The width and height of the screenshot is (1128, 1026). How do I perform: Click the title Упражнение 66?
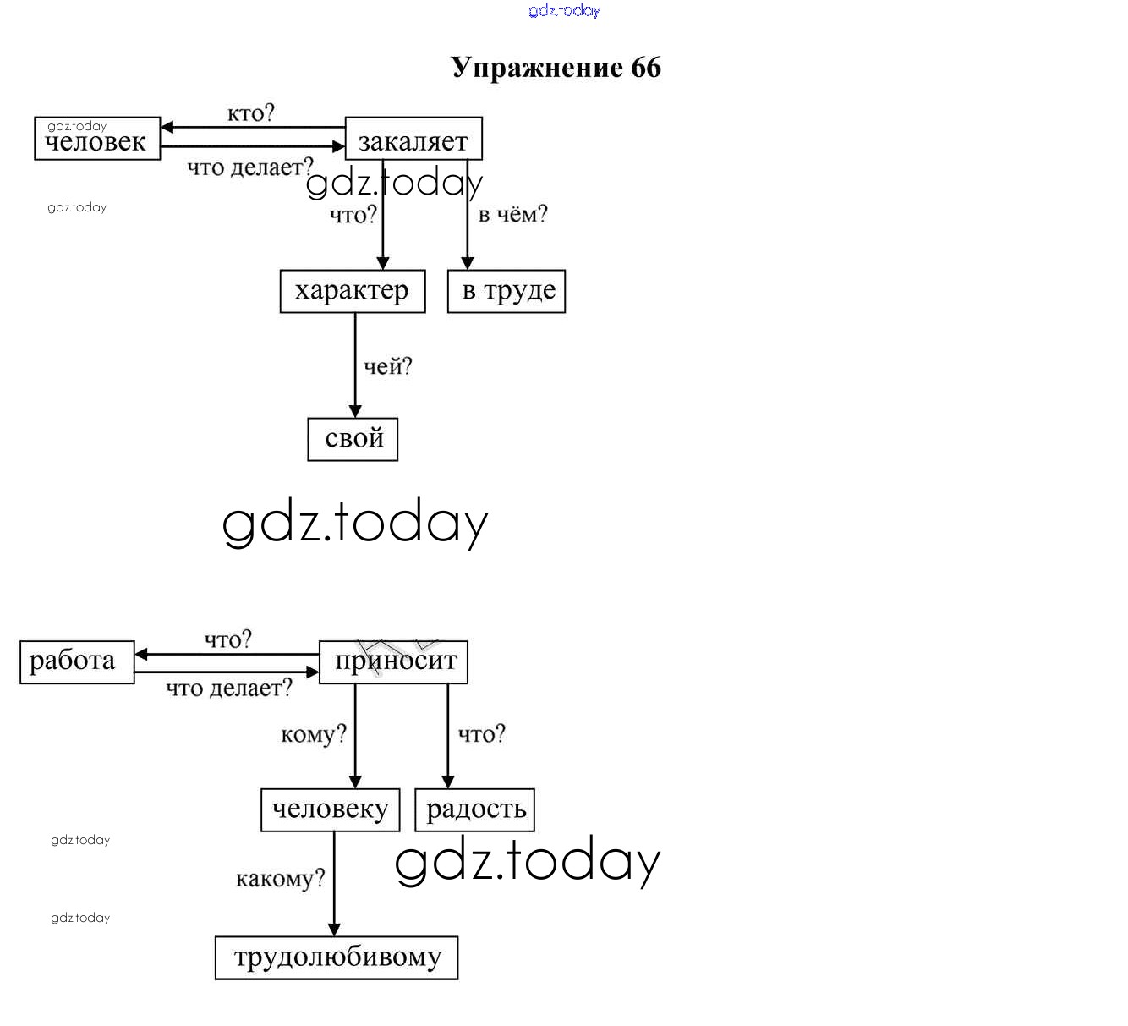(556, 68)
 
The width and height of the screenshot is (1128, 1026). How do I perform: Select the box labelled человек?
(97, 139)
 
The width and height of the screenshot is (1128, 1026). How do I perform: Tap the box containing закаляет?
(413, 139)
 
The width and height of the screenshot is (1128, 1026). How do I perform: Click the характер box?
(353, 291)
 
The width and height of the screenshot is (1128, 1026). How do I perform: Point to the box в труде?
(507, 291)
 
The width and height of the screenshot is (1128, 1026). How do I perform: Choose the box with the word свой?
(353, 439)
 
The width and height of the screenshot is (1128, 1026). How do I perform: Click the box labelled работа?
(77, 662)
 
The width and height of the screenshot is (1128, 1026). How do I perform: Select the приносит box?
(393, 662)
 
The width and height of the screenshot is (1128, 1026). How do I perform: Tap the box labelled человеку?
(330, 809)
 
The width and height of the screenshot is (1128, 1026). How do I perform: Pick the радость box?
(475, 809)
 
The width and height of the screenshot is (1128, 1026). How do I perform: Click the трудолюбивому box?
(337, 957)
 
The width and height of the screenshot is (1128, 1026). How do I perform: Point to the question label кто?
(251, 113)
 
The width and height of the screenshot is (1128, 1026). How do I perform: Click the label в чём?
(512, 215)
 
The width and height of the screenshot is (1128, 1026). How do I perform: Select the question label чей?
(387, 367)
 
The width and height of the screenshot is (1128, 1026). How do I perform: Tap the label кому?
(314, 734)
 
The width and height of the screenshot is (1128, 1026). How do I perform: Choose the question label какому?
(280, 879)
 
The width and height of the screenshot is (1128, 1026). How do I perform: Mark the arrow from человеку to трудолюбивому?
(334, 884)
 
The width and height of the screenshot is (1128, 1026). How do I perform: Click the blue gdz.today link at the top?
(564, 10)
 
